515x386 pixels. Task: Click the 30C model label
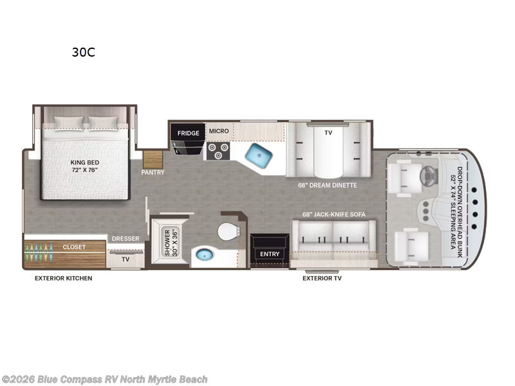(x=83, y=53)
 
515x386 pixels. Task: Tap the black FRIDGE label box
(x=189, y=133)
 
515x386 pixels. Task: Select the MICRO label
(x=218, y=131)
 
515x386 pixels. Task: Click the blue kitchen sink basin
(x=262, y=155)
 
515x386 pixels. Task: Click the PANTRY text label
(x=153, y=172)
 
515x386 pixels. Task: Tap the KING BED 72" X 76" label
(x=86, y=167)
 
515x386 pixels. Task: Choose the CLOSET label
(x=74, y=246)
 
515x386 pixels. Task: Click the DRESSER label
(x=126, y=239)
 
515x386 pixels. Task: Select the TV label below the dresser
(x=126, y=259)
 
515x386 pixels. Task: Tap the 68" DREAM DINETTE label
(x=327, y=185)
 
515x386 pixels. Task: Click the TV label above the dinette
(x=328, y=132)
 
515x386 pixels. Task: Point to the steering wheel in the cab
(x=427, y=175)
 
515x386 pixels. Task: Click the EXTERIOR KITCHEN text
(x=64, y=279)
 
